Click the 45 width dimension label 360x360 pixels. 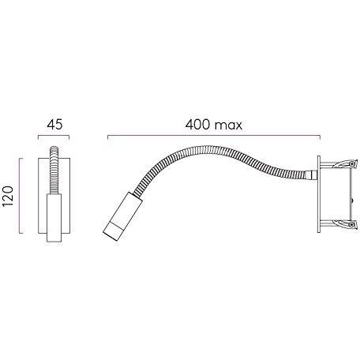(54, 125)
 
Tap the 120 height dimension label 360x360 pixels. (8, 196)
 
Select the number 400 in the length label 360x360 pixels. (197, 125)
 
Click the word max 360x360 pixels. (228, 126)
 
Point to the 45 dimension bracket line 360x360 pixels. (54, 136)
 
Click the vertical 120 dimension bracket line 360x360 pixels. (20, 196)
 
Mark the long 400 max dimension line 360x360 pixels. (214, 136)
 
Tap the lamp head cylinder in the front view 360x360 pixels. (54, 218)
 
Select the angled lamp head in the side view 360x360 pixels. (122, 216)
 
